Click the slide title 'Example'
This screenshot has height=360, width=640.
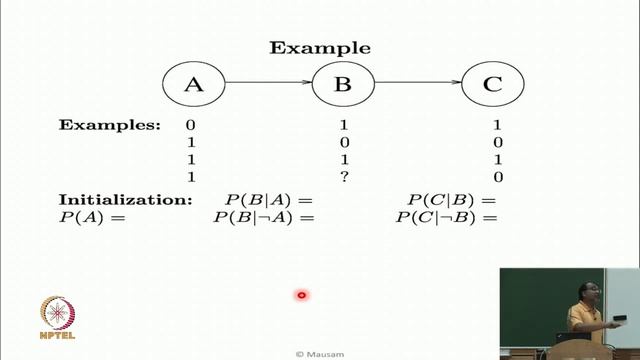[320, 48]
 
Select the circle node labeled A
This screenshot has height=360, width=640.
[193, 84]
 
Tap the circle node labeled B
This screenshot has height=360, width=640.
[342, 84]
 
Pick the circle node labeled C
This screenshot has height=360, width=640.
[491, 84]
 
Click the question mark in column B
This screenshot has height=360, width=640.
[342, 177]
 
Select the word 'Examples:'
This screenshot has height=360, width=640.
[109, 126]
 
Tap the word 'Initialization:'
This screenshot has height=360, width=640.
[125, 200]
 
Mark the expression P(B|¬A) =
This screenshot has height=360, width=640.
[257, 216]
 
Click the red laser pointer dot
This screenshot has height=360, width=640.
[300, 294]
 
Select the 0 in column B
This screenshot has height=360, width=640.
[342, 143]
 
